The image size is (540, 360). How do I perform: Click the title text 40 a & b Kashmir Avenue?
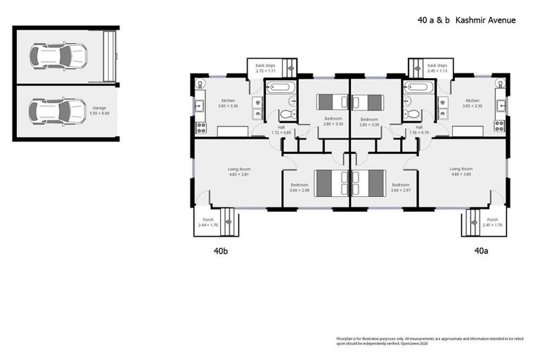tap(466, 20)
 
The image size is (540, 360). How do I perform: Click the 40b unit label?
tap(220, 250)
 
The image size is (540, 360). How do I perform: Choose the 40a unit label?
tap(481, 250)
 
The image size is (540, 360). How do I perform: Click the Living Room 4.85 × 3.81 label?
tap(238, 171)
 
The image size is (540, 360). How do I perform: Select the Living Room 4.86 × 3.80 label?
tap(461, 171)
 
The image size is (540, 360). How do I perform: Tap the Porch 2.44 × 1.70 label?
tap(209, 222)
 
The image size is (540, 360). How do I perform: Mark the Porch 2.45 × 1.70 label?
tap(492, 222)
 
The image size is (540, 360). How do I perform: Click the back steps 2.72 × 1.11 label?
tap(266, 67)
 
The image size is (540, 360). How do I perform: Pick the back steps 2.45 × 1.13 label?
tap(437, 67)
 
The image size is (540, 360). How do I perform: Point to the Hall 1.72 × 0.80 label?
tap(281, 129)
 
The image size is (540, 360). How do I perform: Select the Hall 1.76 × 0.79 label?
tap(419, 129)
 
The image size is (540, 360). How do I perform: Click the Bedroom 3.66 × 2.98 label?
tap(300, 187)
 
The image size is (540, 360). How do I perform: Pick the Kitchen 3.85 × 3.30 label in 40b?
tap(229, 103)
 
